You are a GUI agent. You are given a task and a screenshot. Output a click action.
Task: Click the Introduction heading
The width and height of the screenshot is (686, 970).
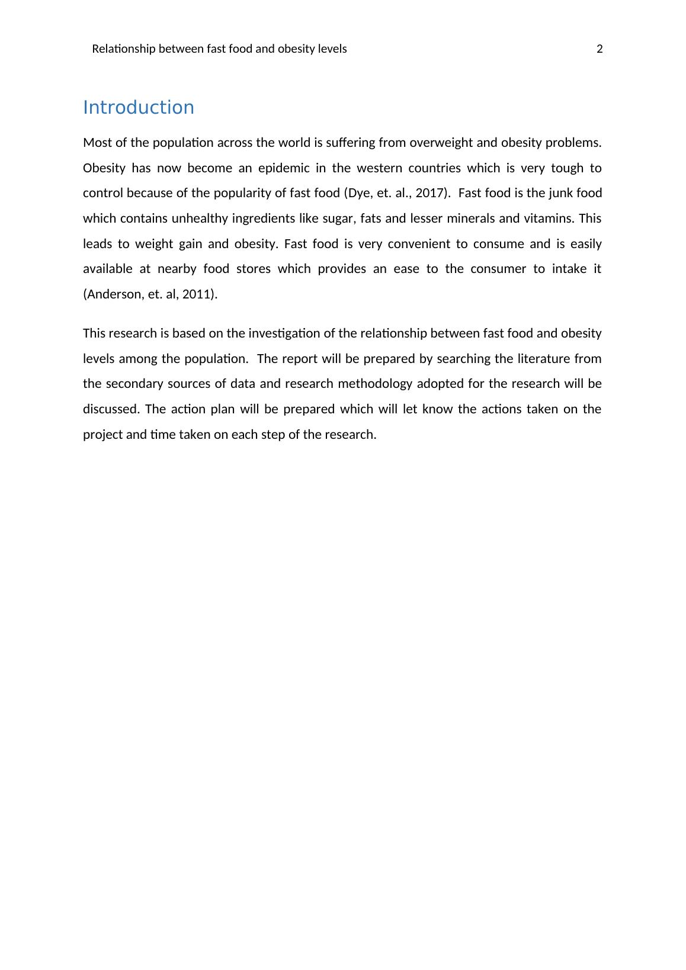pyautogui.click(x=138, y=108)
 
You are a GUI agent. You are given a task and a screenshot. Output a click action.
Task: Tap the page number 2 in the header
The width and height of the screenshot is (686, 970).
pyautogui.click(x=600, y=49)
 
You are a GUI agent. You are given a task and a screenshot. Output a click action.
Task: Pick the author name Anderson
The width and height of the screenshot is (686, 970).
pyautogui.click(x=112, y=294)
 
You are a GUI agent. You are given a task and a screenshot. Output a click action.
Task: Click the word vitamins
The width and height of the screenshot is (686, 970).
pyautogui.click(x=549, y=219)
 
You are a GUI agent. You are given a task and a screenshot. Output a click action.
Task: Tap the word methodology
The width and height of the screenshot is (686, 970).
pyautogui.click(x=376, y=384)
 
